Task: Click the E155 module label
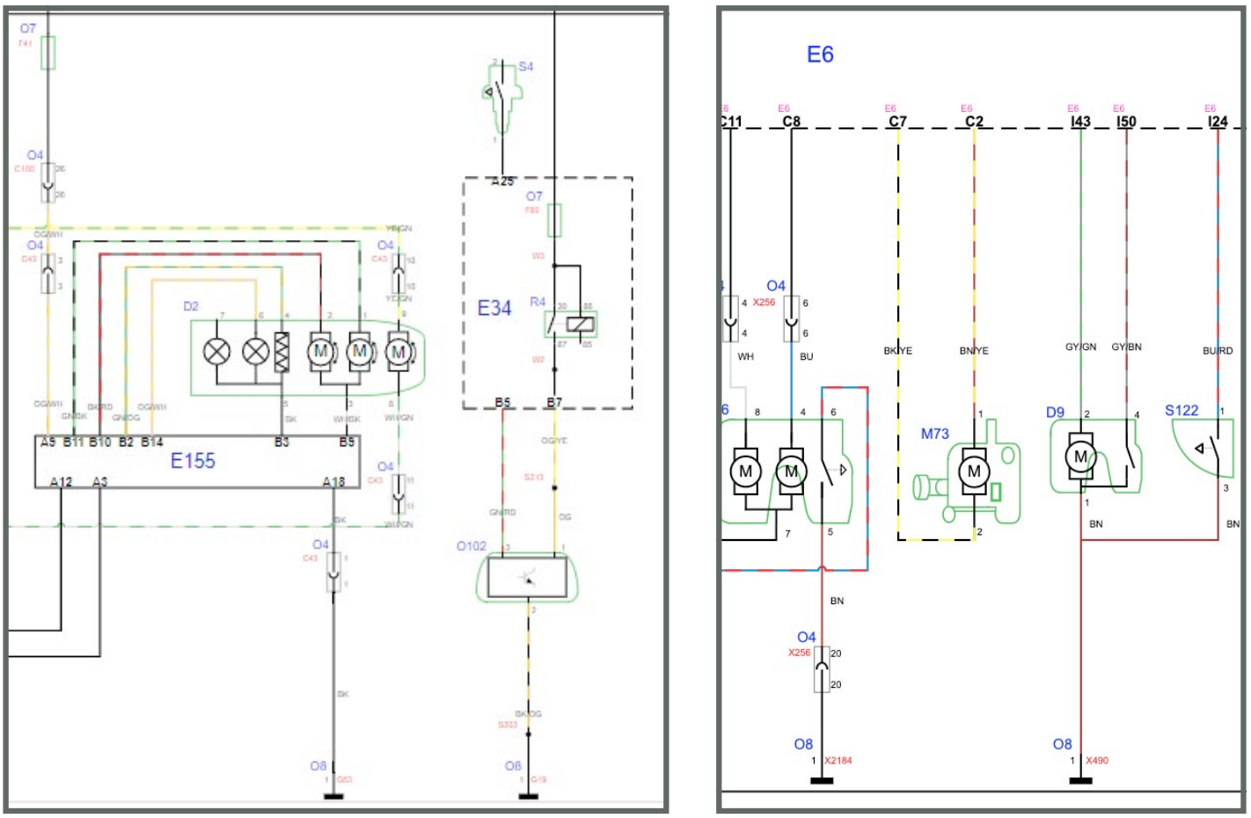click(193, 460)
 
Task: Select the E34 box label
click(494, 308)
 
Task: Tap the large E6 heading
click(820, 55)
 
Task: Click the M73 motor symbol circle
click(974, 471)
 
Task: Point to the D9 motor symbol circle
click(1080, 456)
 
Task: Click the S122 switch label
click(1181, 411)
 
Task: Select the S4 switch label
click(525, 67)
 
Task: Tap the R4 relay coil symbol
click(581, 325)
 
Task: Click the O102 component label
click(472, 546)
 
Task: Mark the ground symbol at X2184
click(821, 779)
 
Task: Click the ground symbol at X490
click(1080, 779)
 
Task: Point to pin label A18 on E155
click(333, 481)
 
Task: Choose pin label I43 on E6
click(1080, 122)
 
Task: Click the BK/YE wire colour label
click(897, 351)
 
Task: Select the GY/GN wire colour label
click(1080, 347)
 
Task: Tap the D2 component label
click(191, 306)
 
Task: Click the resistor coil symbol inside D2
click(282, 352)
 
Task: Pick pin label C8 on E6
click(791, 122)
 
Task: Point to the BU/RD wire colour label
click(1218, 351)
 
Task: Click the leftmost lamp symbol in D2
click(216, 352)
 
